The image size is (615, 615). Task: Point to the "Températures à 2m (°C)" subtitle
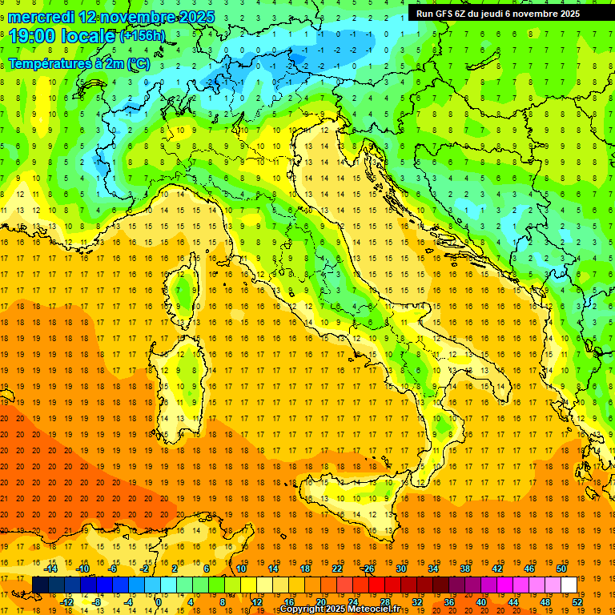click(x=78, y=63)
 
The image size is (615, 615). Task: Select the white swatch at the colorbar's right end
click(x=569, y=585)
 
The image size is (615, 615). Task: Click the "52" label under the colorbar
click(x=578, y=602)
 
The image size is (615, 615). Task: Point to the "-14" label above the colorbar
click(x=50, y=569)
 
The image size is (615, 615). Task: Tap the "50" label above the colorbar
click(x=561, y=569)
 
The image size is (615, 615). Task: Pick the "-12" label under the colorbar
click(x=66, y=602)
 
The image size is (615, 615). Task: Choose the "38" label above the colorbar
click(x=464, y=569)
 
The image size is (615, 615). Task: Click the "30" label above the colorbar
click(x=400, y=569)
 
